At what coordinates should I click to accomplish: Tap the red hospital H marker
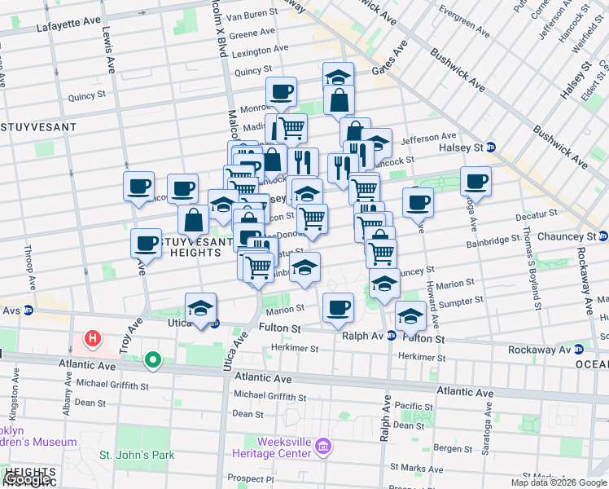[x=94, y=337]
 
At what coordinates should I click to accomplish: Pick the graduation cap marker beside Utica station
[x=201, y=308]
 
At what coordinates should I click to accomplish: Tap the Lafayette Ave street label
[x=72, y=28]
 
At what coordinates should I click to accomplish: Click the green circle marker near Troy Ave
[x=152, y=359]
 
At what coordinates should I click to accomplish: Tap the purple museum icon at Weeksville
[x=323, y=446]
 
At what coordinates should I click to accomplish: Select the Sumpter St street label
[x=462, y=302]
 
